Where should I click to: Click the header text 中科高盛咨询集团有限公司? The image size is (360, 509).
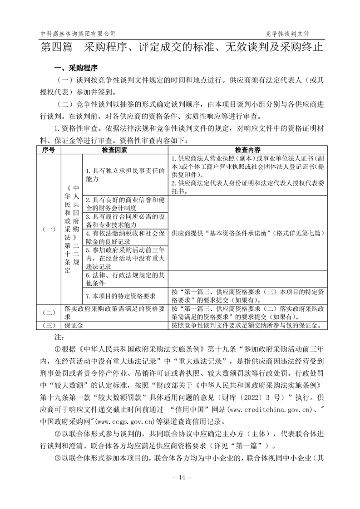tap(78, 34)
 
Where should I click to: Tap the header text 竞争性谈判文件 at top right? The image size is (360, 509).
tap(290, 34)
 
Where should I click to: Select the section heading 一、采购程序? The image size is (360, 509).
tap(76, 69)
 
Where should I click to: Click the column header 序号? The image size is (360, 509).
tap(49, 149)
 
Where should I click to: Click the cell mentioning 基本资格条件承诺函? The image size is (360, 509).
tap(247, 233)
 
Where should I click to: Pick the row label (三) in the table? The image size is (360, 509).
tap(49, 325)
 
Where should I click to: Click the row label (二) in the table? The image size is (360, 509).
tap(49, 313)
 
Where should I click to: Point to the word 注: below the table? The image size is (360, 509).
tap(58, 338)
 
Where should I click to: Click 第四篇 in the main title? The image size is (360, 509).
tap(56, 47)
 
